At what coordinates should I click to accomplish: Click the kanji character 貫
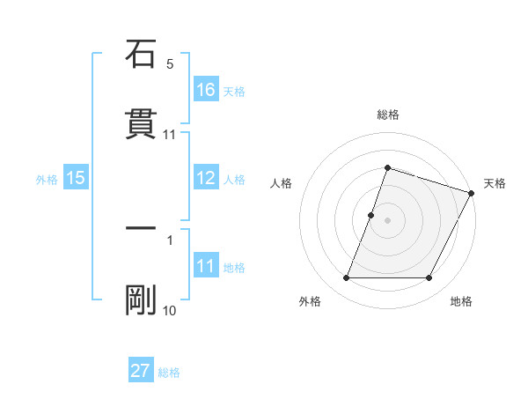(x=141, y=124)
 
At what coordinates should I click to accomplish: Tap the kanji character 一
(x=141, y=228)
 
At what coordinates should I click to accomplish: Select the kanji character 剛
(x=141, y=299)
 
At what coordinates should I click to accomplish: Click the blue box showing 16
(x=205, y=90)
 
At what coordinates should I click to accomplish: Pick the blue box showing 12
(x=205, y=178)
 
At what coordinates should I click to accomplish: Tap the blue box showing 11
(x=205, y=266)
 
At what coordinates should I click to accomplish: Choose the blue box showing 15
(x=76, y=178)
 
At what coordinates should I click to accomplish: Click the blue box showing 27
(x=141, y=371)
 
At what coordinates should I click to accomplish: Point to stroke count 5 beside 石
(x=170, y=64)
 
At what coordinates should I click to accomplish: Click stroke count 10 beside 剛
(x=169, y=310)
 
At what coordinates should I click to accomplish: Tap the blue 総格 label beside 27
(x=169, y=373)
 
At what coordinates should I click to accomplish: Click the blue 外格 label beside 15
(x=47, y=180)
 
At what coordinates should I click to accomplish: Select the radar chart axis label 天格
(x=495, y=183)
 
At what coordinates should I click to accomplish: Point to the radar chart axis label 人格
(x=282, y=183)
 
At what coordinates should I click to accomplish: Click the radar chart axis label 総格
(x=388, y=115)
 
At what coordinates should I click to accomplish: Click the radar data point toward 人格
(x=371, y=215)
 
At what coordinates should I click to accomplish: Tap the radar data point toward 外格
(x=346, y=278)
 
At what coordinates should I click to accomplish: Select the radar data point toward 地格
(x=429, y=278)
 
